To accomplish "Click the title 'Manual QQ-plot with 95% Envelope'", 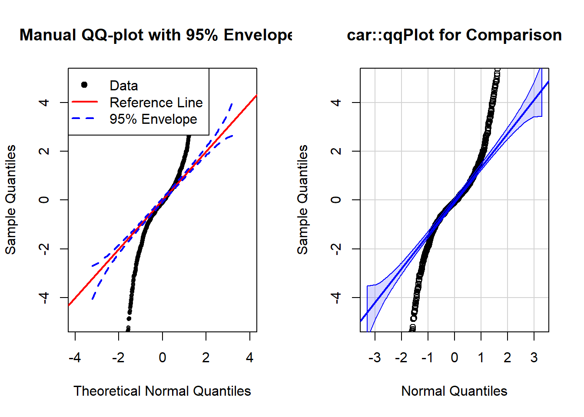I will pos(156,35).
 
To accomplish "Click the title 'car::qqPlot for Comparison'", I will pos(454,35).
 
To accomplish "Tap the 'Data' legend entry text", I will pos(124,86).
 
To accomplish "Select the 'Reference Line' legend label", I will pos(156,103).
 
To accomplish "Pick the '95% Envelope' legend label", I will pos(153,119).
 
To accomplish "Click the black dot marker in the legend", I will pos(84,85).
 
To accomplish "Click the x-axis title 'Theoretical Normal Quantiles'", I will pos(162,391).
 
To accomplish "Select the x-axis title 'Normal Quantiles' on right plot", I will pos(454,391).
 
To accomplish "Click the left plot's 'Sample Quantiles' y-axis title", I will pos(10,199).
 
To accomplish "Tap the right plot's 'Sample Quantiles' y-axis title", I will pos(302,199).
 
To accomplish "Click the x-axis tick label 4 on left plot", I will pos(249,357).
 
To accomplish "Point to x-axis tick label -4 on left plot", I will pos(75,357).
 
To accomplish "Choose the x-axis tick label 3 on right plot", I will pos(534,357).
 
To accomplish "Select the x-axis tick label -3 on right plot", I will pos(375,357).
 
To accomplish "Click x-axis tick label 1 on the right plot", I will pos(481,357).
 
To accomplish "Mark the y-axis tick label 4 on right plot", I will pos(335,103).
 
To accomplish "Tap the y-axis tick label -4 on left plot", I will pos(43,297).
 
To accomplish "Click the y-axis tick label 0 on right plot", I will pos(335,200).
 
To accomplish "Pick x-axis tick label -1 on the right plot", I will pos(428,357).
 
